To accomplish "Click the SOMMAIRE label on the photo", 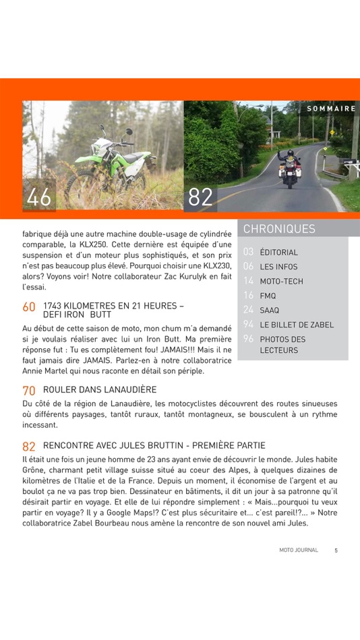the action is point(331,108).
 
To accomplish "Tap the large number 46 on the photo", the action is point(39,197).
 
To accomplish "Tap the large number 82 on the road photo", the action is point(200,197).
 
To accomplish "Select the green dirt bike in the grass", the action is point(112,164).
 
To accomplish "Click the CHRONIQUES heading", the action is point(279,229).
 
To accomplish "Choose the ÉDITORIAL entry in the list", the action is point(278,253).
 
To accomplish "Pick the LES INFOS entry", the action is point(278,267).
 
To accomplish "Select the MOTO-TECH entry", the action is point(281,282).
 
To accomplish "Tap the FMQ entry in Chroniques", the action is point(268,296).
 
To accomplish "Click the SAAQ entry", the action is point(270,311).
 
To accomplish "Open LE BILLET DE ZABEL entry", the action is point(297,325).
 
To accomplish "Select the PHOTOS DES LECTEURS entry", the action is point(282,345).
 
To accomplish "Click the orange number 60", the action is point(29,307).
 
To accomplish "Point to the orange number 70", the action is point(29,390).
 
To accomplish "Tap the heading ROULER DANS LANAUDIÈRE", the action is point(100,390).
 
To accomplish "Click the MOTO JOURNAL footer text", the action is point(299,550).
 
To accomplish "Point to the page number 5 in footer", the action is point(336,550).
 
